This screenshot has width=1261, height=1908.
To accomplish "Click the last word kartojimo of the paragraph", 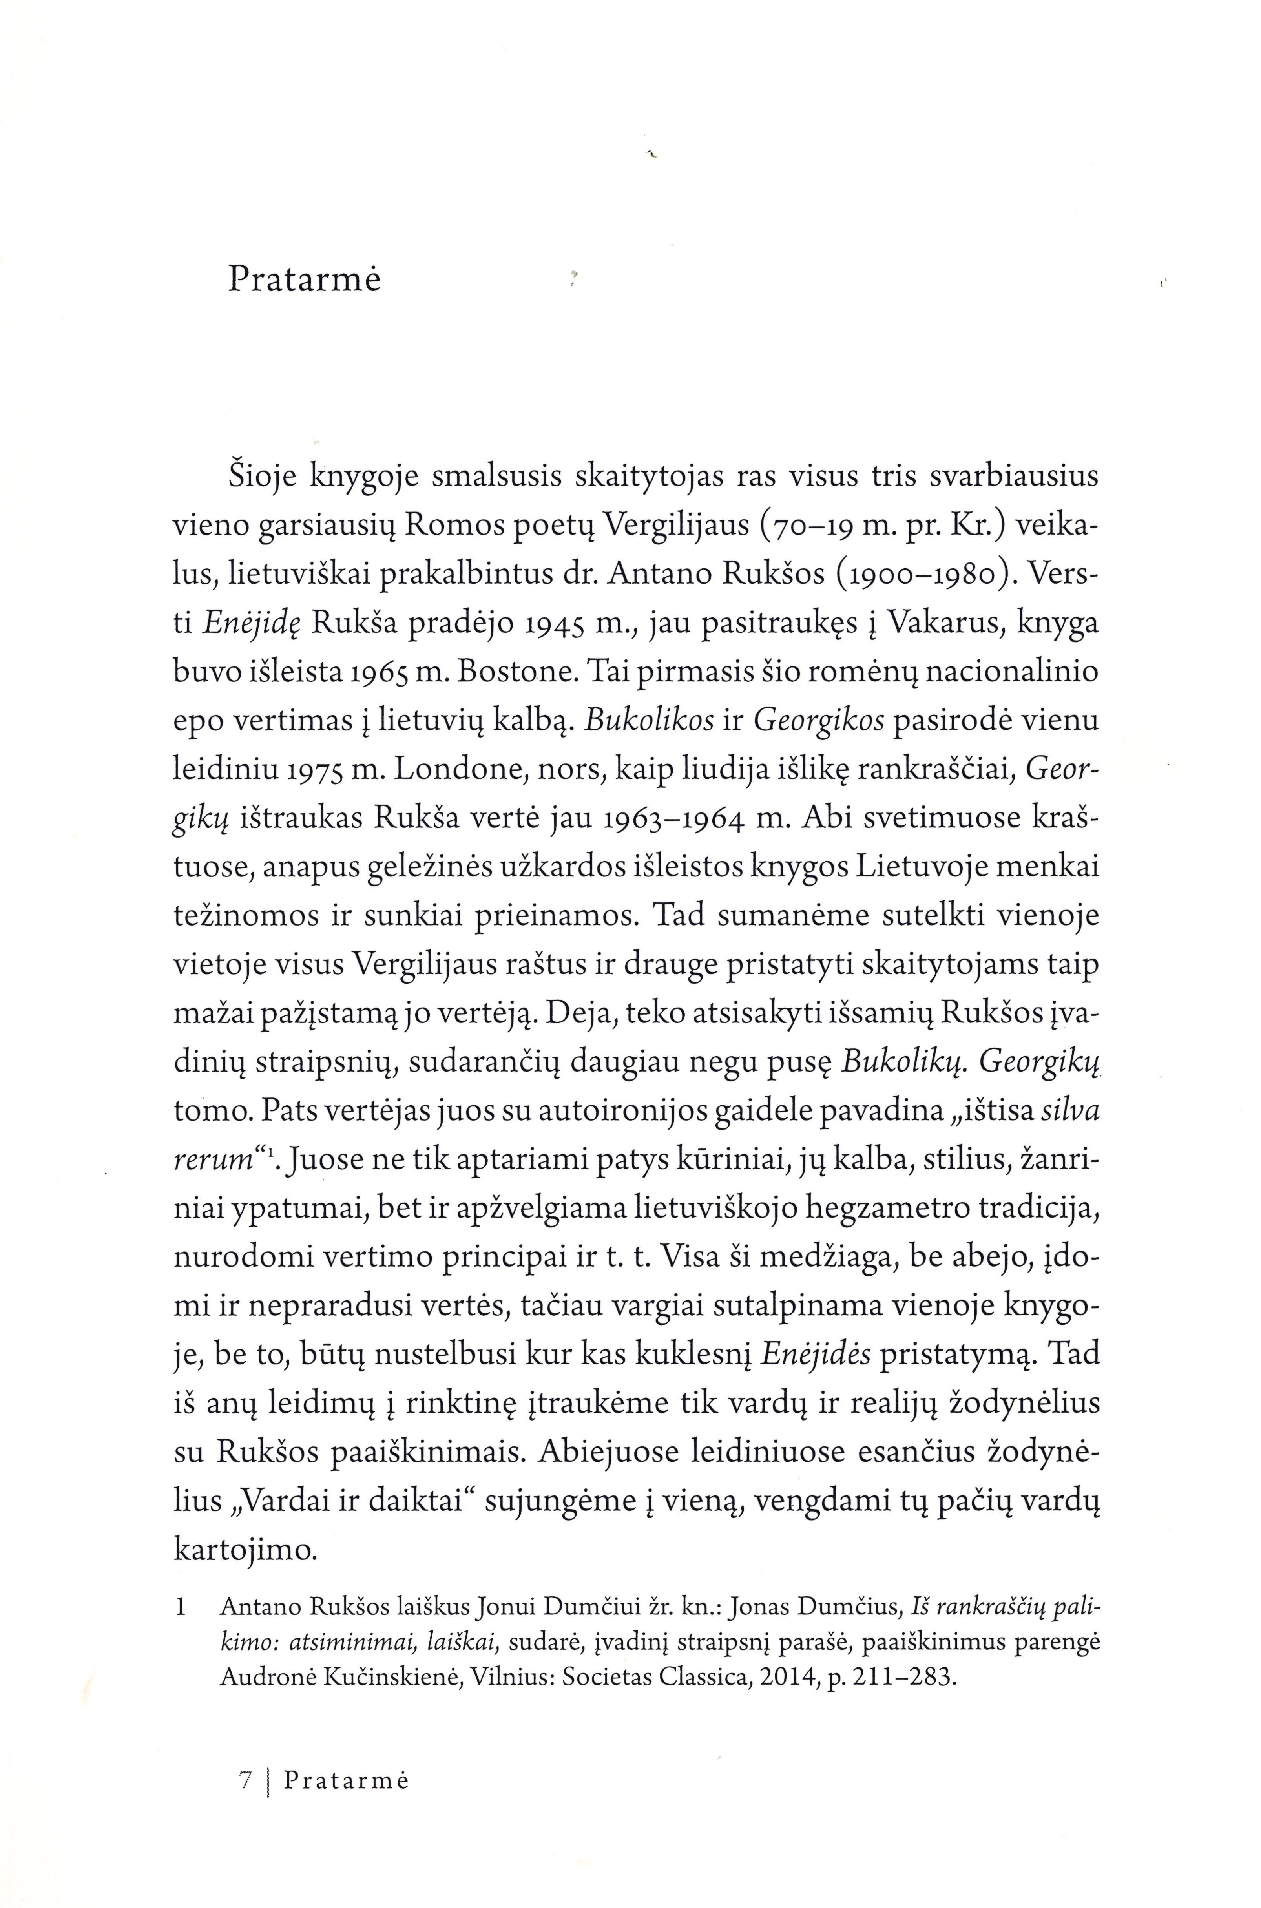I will (x=245, y=1551).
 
